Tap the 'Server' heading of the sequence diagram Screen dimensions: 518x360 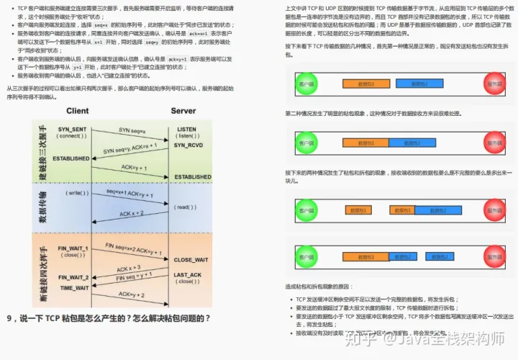point(183,111)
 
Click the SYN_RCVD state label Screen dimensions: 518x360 point(188,145)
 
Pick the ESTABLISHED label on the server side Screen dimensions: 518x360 point(193,176)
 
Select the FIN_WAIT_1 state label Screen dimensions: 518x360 point(73,248)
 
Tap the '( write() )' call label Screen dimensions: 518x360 point(76,193)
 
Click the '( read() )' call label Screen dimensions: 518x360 point(184,207)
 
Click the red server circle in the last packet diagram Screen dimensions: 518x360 point(495,256)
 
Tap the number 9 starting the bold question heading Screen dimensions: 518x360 point(10,318)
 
